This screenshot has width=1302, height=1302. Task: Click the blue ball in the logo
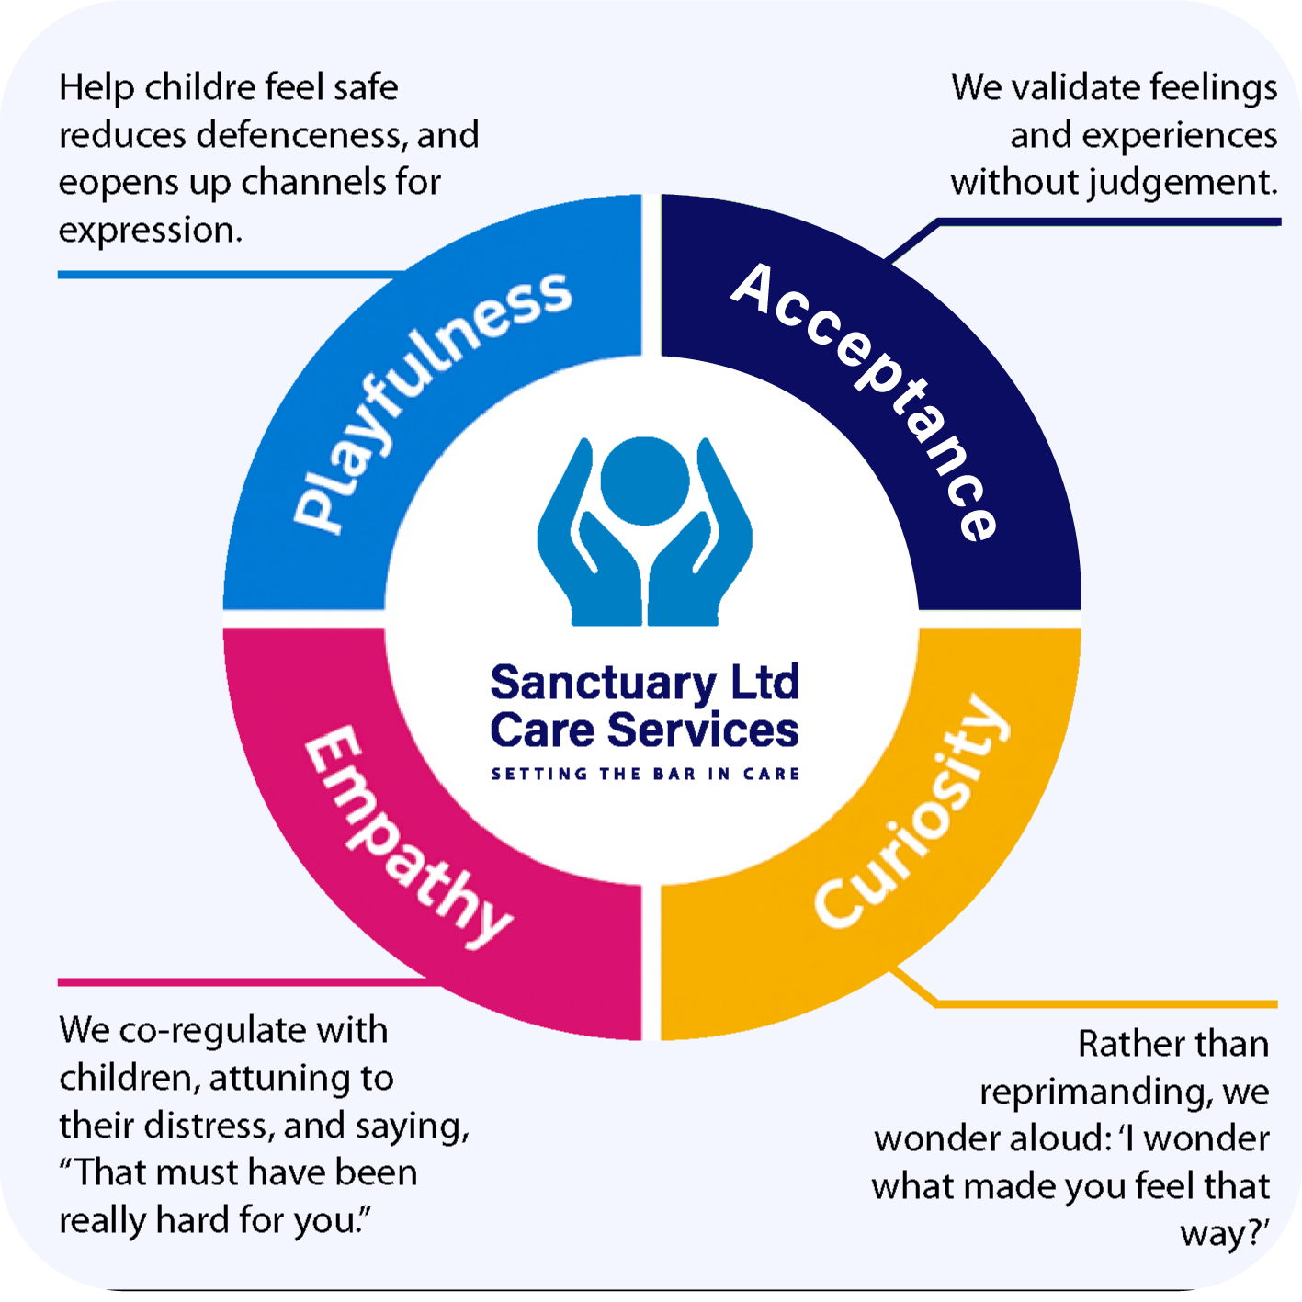(x=644, y=481)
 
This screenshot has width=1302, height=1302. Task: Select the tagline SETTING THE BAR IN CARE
(x=645, y=774)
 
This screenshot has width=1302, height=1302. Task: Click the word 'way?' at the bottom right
(x=1224, y=1234)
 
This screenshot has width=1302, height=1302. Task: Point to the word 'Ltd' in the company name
(x=764, y=683)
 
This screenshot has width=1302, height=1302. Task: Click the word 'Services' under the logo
(x=703, y=730)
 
